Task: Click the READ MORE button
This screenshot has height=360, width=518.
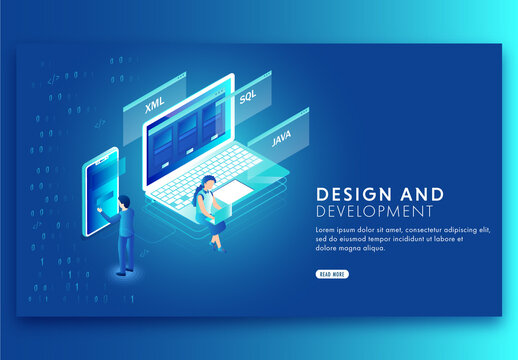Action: click(x=332, y=274)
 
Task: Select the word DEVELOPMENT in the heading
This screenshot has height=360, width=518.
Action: click(x=374, y=212)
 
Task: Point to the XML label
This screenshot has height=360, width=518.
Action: click(x=154, y=105)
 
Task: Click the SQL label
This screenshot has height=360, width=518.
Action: click(x=247, y=97)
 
